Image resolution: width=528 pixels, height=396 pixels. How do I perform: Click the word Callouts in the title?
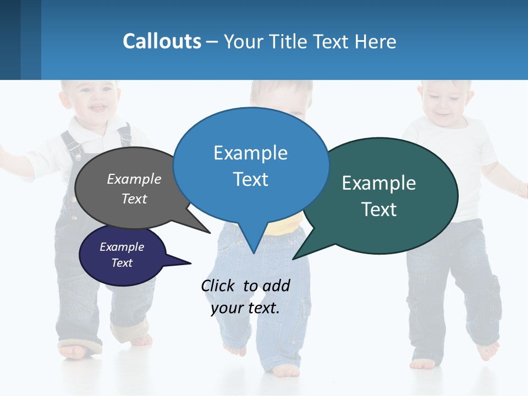(x=162, y=41)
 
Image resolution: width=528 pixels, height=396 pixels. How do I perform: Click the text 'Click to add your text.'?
(x=245, y=296)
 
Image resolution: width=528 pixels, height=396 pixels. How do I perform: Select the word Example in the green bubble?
(x=379, y=183)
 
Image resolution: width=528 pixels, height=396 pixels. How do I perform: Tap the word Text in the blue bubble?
(x=251, y=179)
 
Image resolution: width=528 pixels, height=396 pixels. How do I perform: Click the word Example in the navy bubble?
(x=122, y=247)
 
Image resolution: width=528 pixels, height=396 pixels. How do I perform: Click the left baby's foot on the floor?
(x=74, y=350)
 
